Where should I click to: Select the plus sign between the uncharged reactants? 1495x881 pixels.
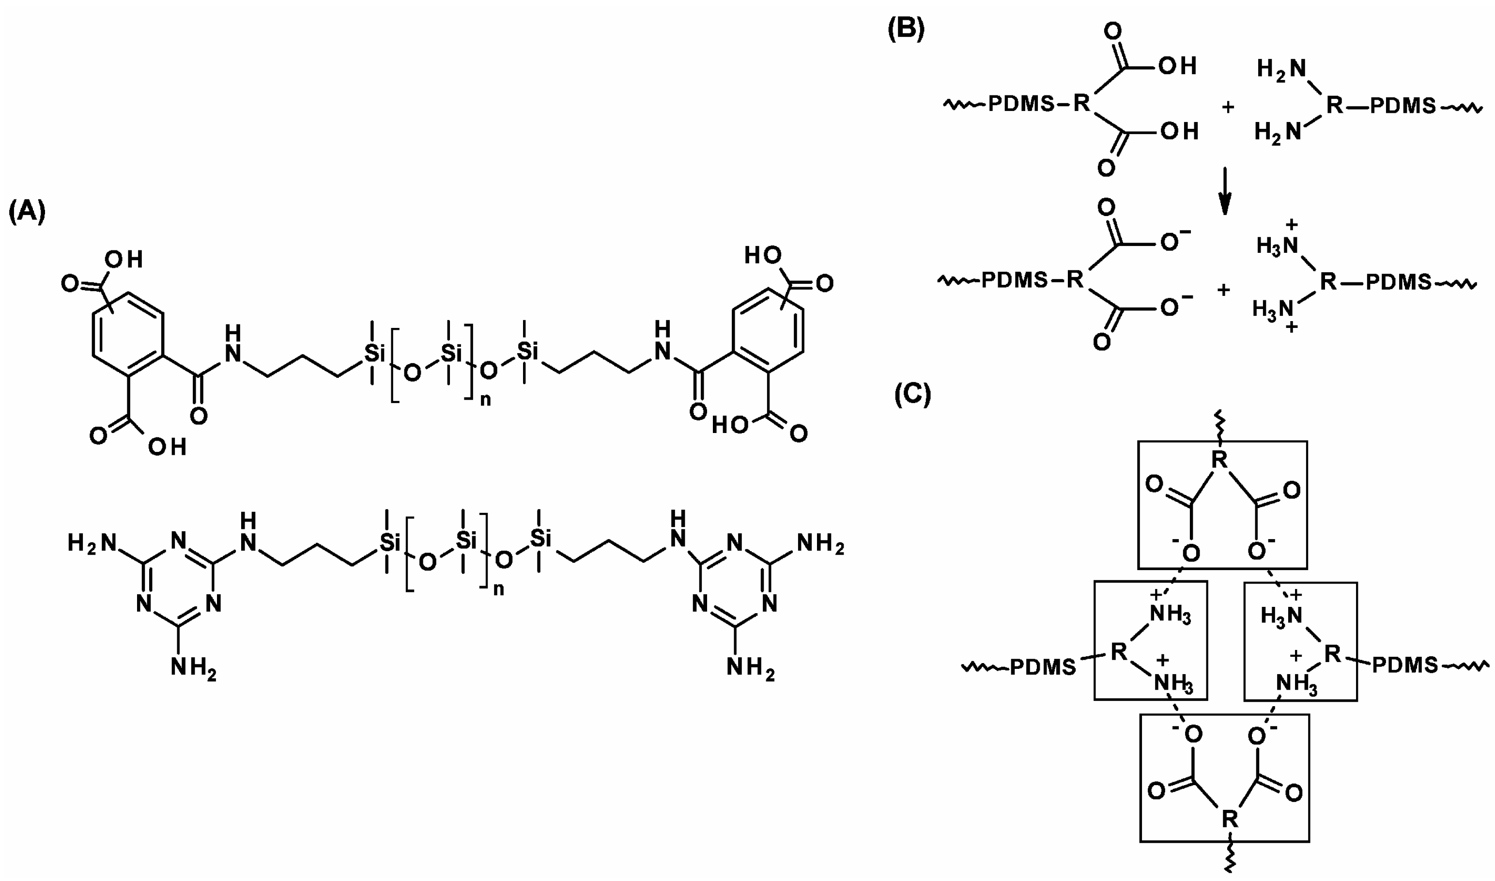[1227, 108]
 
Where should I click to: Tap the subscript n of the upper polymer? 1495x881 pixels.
[485, 400]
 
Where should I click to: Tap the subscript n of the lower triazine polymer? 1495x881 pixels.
[499, 589]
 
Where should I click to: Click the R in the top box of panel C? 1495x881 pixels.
[1219, 459]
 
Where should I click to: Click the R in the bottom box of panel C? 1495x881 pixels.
[1229, 820]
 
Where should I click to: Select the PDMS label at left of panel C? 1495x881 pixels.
[1043, 667]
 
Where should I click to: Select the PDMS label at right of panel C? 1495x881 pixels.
[1405, 665]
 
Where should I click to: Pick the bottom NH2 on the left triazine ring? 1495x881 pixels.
[193, 668]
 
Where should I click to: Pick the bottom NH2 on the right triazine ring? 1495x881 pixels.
[751, 668]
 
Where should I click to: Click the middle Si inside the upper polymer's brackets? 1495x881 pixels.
[451, 353]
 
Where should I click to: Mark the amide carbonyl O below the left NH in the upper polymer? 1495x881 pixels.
[199, 416]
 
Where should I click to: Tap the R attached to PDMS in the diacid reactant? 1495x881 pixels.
[1081, 105]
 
